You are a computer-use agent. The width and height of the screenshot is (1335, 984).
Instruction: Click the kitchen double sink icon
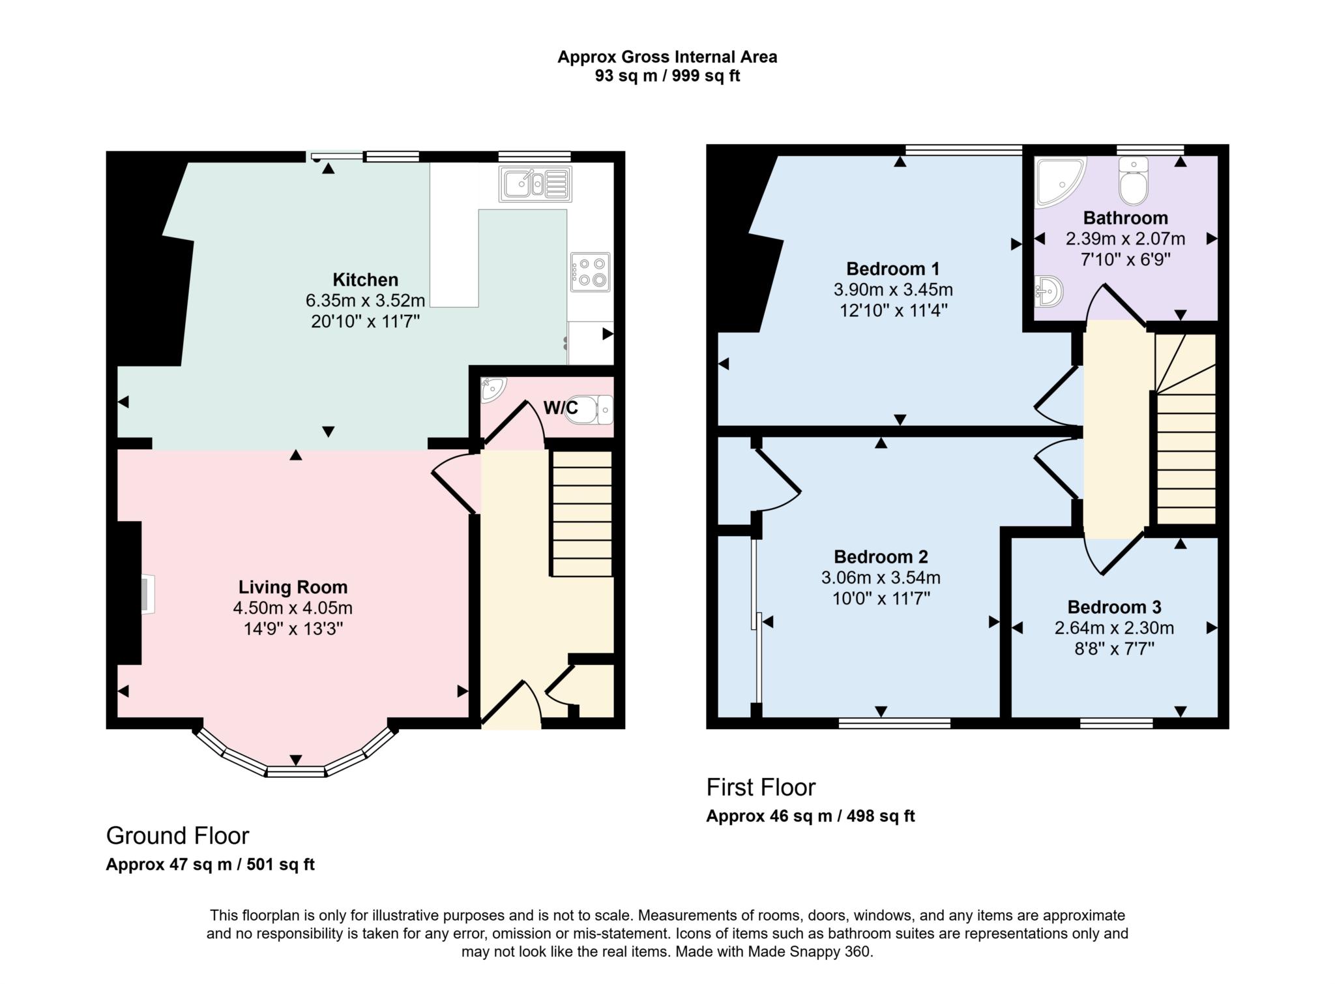535,184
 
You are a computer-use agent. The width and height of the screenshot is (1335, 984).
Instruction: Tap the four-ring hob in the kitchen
590,272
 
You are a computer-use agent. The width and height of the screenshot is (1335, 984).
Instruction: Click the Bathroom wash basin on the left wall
1049,291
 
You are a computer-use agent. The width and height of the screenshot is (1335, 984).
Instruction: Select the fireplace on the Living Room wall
147,594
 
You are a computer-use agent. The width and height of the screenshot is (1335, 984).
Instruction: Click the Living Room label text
293,588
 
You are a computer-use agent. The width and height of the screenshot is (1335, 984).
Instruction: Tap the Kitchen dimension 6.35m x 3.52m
365,301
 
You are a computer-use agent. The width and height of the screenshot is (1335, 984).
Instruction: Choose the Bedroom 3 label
1114,607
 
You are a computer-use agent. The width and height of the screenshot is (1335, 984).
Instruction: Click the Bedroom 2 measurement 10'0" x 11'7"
881,599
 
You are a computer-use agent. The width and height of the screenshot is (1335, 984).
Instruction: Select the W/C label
561,408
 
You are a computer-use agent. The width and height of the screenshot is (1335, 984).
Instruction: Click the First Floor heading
761,788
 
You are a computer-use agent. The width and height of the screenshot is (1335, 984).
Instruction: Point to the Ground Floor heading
177,836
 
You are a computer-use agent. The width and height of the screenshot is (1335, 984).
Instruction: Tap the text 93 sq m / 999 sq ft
667,76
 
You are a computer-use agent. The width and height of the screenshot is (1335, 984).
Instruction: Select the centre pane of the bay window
296,772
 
